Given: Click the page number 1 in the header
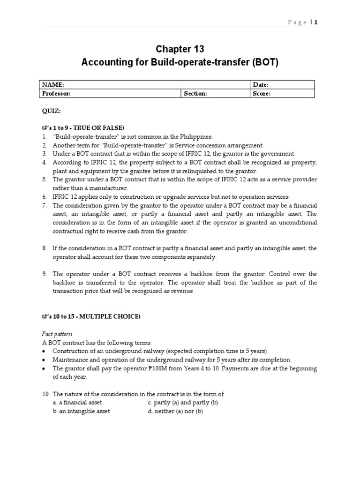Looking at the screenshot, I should [316, 22].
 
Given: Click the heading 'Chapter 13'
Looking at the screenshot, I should [180, 49].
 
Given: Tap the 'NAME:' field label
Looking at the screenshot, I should [53, 85].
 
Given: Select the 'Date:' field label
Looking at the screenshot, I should [261, 85].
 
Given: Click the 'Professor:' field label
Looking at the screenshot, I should [56, 93].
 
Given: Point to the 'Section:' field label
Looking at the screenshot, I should [195, 93].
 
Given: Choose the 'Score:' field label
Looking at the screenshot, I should [262, 93].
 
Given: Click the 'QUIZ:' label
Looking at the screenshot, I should [51, 111].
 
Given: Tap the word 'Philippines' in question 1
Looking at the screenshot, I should [196, 137].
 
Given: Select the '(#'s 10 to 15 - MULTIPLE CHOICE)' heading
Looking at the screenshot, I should [91, 316].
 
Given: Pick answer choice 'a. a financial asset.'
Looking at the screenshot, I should [78, 403].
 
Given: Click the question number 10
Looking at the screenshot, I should [45, 394].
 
